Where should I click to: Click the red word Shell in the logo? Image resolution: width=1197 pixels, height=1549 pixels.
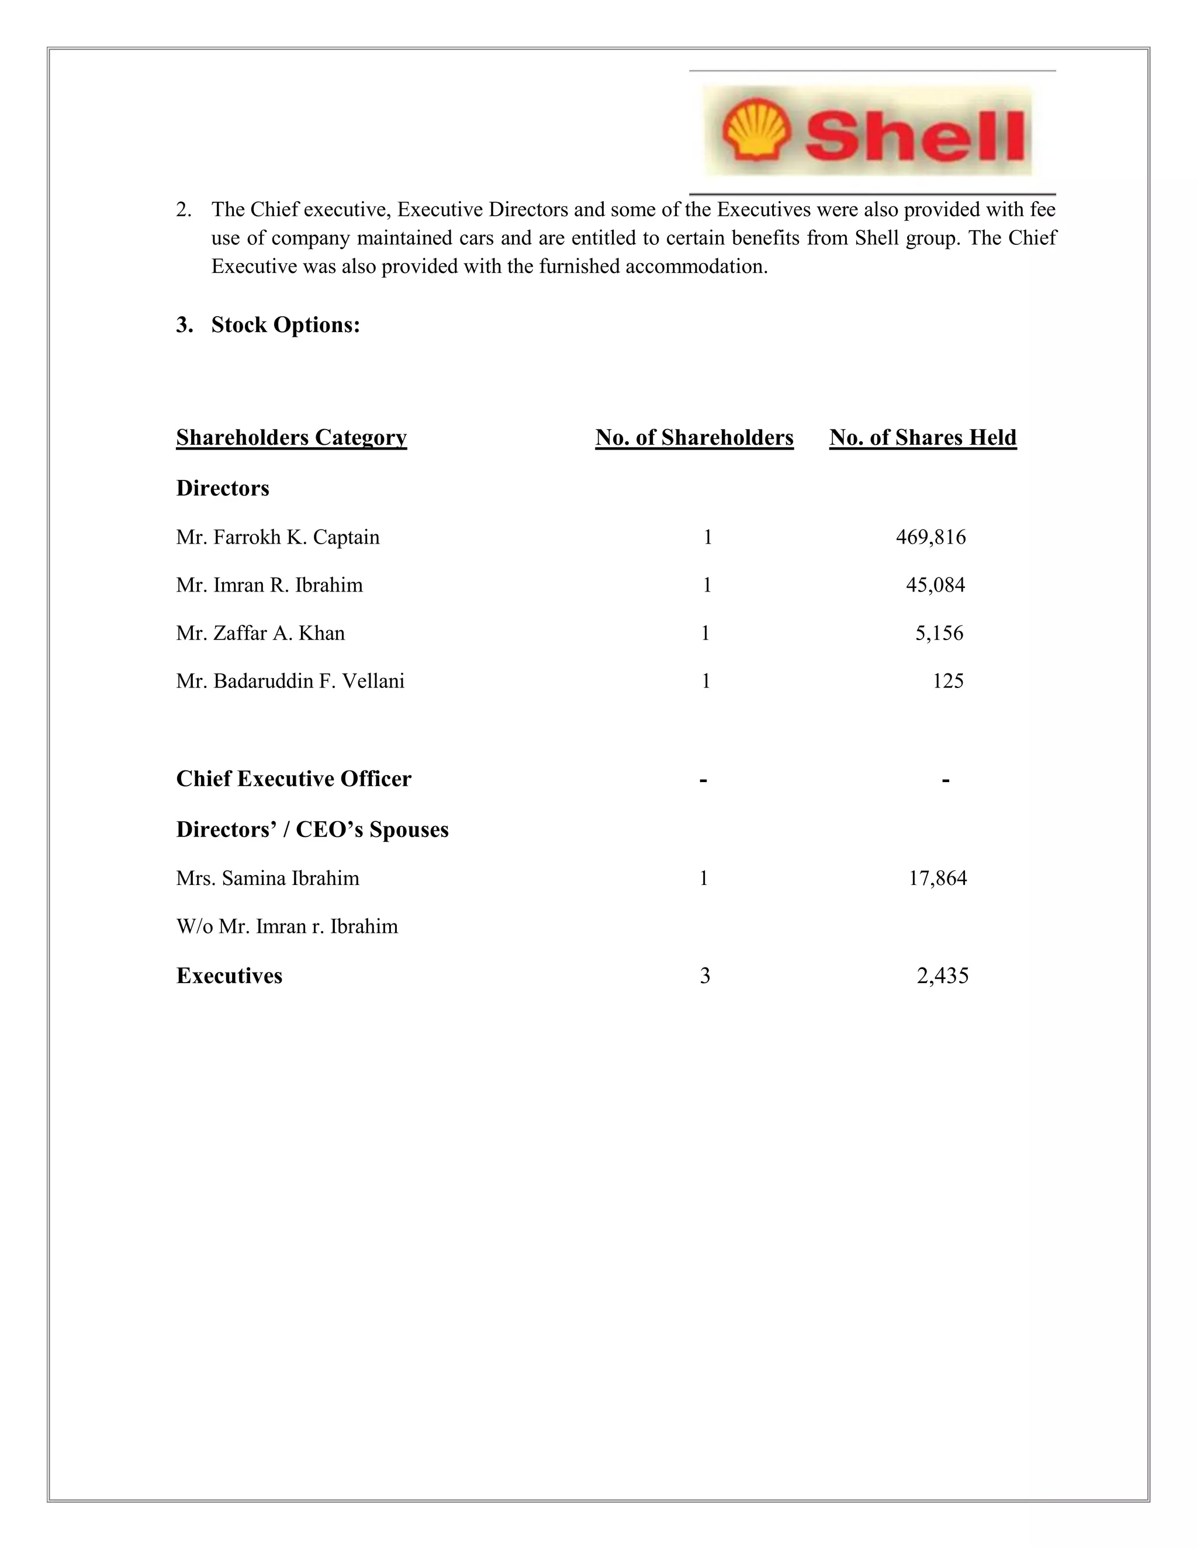915,135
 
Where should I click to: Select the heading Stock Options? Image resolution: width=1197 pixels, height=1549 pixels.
285,325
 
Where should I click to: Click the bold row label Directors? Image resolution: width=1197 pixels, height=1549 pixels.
223,488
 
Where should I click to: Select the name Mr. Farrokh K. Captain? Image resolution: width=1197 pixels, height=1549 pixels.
278,537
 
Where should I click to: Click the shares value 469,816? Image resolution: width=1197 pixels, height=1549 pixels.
930,537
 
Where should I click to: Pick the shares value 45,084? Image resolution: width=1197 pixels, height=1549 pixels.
935,585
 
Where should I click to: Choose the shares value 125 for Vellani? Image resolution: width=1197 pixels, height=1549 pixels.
947,681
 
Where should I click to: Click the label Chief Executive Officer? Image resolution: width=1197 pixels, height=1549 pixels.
293,779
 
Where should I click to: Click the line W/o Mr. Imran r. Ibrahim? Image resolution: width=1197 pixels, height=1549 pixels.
287,926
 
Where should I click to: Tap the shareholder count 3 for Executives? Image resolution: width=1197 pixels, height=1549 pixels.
704,976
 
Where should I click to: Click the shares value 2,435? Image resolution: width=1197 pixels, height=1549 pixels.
942,976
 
